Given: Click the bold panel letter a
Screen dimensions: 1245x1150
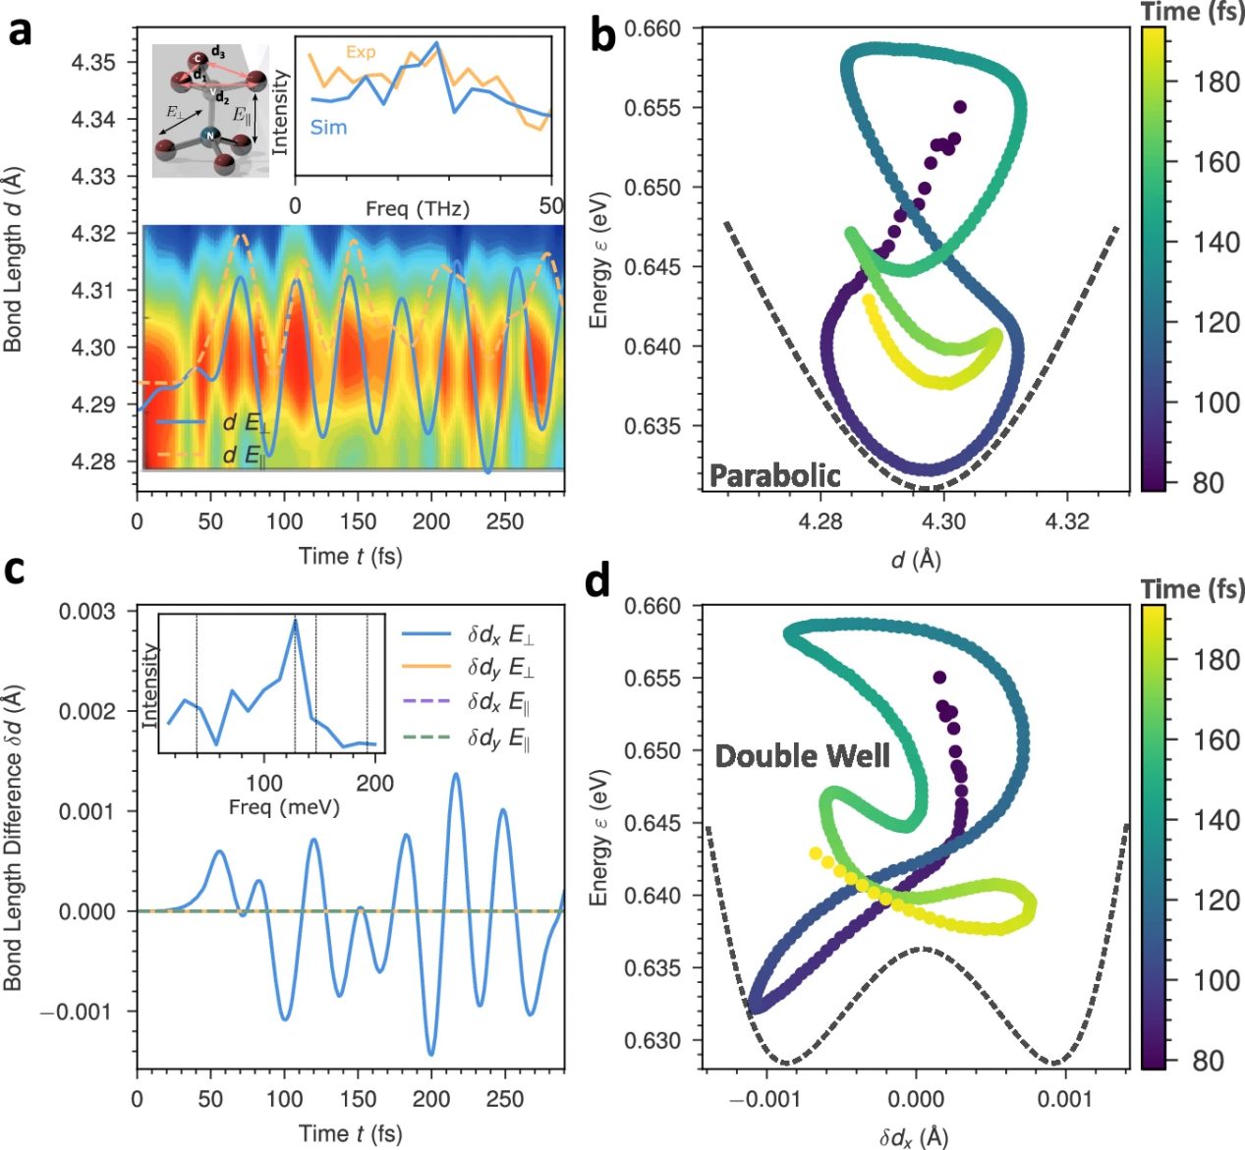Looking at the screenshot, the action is (20, 32).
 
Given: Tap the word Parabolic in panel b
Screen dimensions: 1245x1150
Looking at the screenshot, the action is (775, 476).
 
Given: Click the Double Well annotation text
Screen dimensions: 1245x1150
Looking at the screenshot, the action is (803, 756).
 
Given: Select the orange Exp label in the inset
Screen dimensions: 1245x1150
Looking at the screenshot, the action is (361, 52).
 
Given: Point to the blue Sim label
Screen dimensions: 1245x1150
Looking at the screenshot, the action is (328, 128).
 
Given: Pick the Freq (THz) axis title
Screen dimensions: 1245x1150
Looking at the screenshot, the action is (418, 208).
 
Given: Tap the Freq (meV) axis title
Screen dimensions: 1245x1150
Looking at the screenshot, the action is (284, 807).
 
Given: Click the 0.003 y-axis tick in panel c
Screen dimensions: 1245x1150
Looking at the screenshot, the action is (87, 611).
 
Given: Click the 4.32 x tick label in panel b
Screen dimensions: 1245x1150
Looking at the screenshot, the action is (1067, 521).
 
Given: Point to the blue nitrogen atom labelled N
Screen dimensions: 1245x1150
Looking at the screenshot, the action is (209, 136).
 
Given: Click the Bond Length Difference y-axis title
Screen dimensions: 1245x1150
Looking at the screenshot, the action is (13, 838).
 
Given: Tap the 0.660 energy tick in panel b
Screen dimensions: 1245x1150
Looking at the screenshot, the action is (652, 28).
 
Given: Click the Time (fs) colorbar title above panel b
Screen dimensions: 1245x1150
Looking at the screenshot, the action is (1191, 11).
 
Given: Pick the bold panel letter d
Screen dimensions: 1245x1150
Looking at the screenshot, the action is (597, 581).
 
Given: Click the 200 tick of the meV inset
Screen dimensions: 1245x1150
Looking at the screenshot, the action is (375, 783).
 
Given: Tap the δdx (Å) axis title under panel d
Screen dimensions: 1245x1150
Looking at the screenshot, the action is (915, 1136).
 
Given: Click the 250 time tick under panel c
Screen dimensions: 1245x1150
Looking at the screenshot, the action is (505, 1100).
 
